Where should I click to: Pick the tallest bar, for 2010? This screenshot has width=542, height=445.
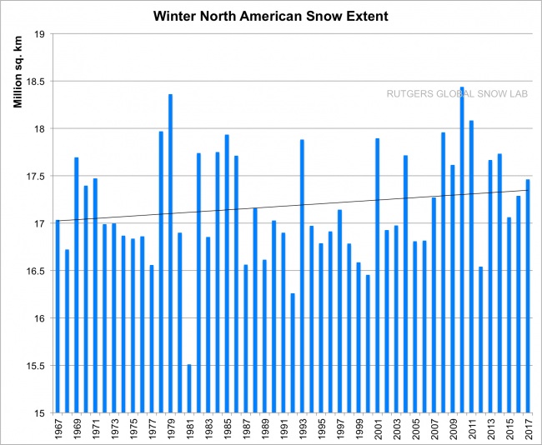point(462,250)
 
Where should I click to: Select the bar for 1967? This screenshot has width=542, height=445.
point(58,316)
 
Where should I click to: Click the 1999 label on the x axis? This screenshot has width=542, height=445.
point(359,428)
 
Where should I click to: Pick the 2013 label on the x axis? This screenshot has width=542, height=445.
point(490,428)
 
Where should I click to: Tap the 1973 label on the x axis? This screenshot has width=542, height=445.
point(114,428)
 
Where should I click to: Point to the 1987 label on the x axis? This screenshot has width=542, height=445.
point(246,428)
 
